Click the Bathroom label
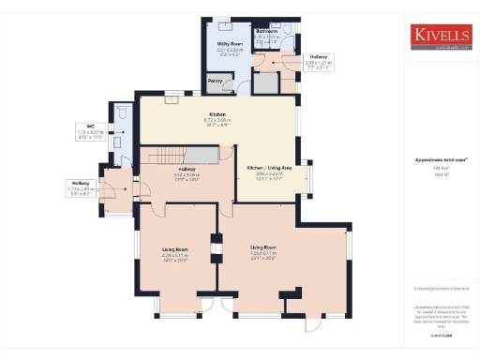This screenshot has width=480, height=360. point(268,31)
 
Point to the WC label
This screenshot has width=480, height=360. point(91,126)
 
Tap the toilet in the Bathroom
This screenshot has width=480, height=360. point(287,28)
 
